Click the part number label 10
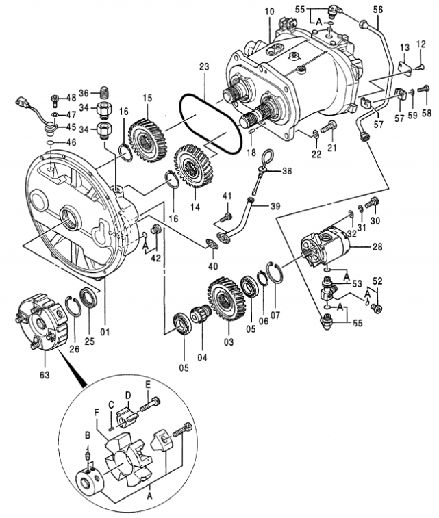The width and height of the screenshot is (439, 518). point(268,12)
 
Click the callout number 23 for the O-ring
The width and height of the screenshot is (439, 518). point(203,68)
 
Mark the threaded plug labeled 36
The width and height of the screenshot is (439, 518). point(104,93)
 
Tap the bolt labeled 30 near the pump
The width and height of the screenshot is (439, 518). point(372,203)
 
